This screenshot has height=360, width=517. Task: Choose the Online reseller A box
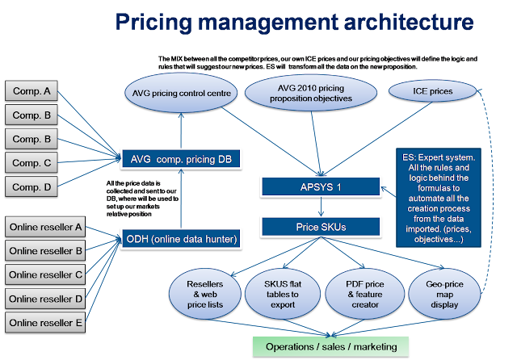click(x=45, y=227)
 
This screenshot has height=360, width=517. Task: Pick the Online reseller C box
click(x=45, y=274)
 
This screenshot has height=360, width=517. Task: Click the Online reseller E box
click(x=45, y=323)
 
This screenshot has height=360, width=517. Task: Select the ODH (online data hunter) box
click(x=180, y=237)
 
